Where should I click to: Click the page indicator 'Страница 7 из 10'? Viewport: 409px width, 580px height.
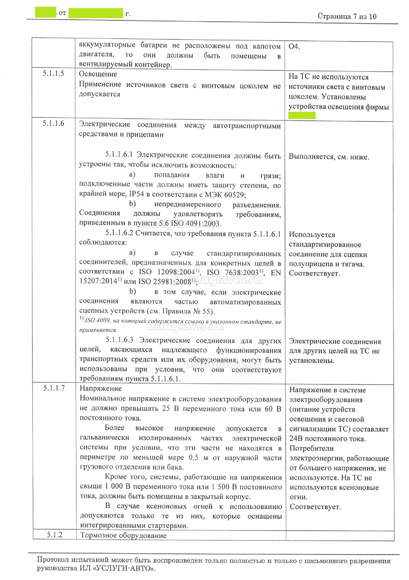point(347,16)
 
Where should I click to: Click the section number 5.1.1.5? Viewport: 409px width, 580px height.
point(53,73)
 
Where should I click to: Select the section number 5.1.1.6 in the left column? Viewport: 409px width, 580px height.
point(53,123)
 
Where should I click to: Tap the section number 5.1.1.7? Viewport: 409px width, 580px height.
point(54,388)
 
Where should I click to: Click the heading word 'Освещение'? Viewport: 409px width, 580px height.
point(98,74)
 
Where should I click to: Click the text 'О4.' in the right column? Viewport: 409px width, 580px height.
point(294,46)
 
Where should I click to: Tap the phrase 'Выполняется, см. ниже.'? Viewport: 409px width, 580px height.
point(329,157)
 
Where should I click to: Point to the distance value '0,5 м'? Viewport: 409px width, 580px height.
point(198,458)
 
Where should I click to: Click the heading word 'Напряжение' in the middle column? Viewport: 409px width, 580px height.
point(101,389)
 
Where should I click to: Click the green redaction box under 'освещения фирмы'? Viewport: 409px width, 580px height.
point(302,116)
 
